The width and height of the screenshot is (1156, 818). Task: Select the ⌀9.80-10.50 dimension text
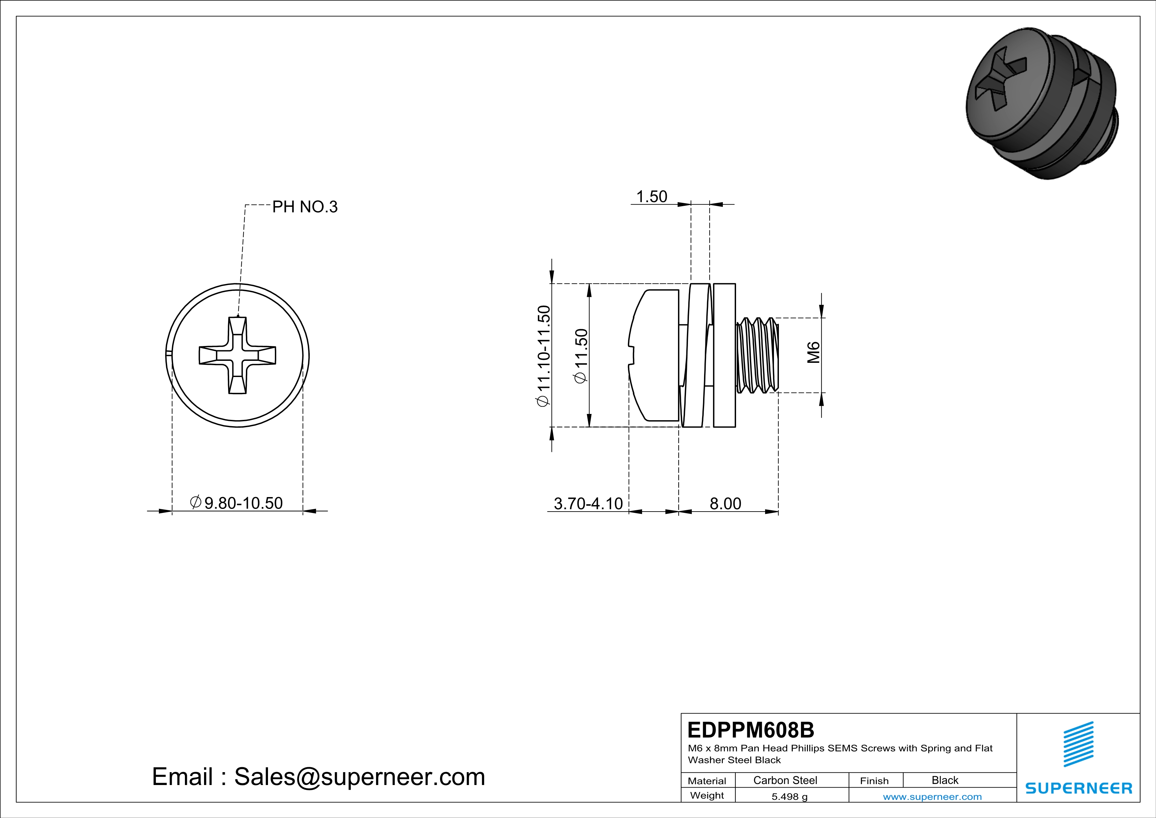[237, 503]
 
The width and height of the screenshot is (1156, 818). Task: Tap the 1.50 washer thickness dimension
[652, 197]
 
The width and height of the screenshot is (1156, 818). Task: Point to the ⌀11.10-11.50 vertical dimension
[544, 356]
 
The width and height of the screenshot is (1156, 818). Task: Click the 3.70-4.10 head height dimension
[588, 503]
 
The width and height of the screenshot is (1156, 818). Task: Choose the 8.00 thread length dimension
[725, 503]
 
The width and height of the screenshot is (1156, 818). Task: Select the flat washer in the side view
[725, 355]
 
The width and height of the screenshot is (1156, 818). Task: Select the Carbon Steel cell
[785, 780]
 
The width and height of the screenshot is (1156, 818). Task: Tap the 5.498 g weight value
[789, 796]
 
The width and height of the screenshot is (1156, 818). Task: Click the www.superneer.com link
[932, 796]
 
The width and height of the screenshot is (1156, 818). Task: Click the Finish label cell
[874, 781]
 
